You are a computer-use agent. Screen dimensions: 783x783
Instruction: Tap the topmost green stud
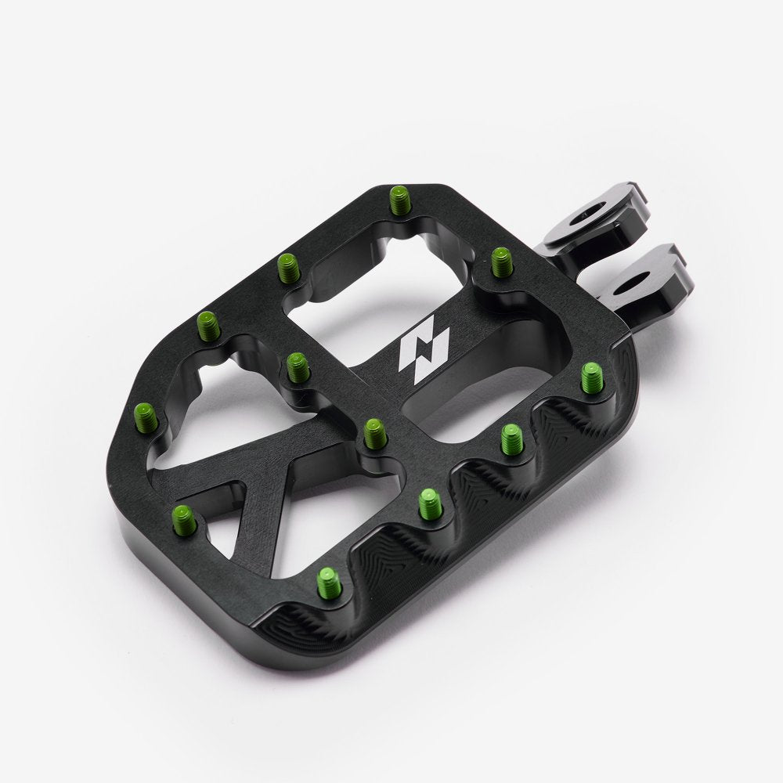399,200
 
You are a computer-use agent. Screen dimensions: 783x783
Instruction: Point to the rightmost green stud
592,377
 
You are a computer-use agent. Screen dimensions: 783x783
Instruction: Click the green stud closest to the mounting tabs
501,261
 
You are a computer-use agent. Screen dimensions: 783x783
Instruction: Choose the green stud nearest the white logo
375,431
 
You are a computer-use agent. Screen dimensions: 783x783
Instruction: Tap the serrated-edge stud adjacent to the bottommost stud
430,503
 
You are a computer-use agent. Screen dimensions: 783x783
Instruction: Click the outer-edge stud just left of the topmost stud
288,268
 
